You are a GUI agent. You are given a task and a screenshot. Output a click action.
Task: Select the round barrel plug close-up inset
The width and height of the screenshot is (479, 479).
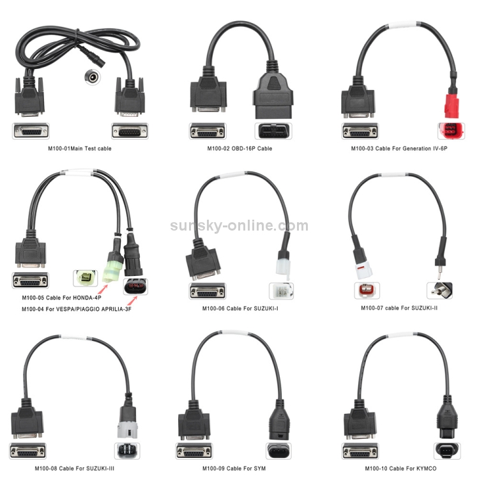[92, 77]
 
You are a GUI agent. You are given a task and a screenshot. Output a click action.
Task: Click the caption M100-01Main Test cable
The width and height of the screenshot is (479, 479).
[80, 148]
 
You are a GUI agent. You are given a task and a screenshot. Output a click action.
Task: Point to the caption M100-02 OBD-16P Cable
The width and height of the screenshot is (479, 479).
[240, 148]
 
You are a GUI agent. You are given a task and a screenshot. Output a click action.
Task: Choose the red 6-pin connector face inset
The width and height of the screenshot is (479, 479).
[451, 131]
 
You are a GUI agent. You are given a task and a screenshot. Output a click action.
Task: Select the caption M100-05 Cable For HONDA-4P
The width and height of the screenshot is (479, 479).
[61, 298]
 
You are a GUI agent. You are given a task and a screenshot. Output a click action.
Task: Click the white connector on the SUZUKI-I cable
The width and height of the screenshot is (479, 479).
[283, 264]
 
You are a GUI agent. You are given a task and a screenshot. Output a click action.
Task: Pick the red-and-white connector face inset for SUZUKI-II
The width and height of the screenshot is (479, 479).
[367, 291]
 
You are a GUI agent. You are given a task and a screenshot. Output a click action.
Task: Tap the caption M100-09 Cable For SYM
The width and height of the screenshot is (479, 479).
[234, 468]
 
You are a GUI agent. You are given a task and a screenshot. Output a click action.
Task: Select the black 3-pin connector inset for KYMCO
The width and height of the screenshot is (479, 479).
[447, 451]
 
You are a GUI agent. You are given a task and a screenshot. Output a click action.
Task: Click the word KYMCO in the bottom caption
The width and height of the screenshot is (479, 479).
[425, 468]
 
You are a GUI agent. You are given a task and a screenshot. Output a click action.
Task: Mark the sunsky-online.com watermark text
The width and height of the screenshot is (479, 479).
[240, 225]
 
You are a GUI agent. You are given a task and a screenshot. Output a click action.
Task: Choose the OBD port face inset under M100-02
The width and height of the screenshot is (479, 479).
[273, 131]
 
